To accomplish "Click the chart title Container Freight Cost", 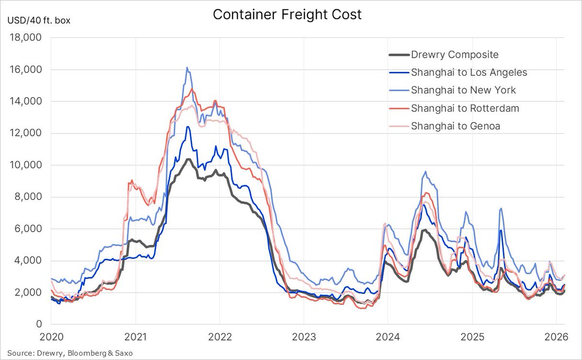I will click(287, 15).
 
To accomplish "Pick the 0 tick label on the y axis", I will click(40, 325).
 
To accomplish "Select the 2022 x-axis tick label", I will click(219, 337).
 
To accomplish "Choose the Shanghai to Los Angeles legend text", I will click(469, 73).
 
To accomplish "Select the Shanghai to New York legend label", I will click(463, 90).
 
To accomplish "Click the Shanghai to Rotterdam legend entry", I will click(465, 108).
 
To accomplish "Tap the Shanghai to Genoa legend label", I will click(455, 126).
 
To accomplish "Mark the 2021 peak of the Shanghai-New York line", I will click(187, 68).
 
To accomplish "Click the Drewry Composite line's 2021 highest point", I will click(187, 159).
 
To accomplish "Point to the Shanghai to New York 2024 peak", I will click(425, 171).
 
